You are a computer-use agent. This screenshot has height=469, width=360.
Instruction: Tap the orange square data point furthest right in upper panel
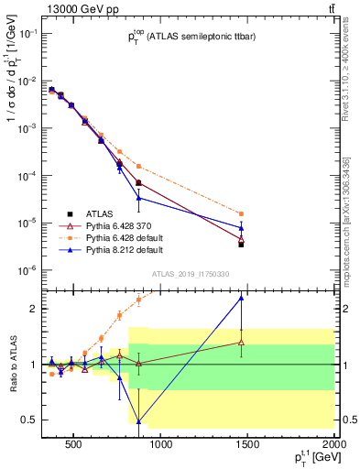point(241,213)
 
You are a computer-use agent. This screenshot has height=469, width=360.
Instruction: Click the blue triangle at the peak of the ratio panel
point(241,297)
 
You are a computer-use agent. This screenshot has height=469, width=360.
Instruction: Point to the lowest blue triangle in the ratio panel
point(138,422)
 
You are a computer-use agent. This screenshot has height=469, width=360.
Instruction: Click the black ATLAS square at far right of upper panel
point(241,245)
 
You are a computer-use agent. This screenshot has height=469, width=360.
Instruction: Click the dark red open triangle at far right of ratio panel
point(241,343)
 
